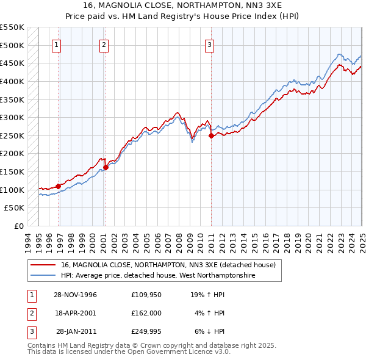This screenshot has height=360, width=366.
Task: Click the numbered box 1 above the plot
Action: (x=56, y=44)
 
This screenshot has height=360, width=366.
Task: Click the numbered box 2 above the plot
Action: (x=104, y=44)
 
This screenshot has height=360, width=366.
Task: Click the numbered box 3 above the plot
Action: (x=209, y=44)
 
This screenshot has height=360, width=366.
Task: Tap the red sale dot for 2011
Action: (x=211, y=136)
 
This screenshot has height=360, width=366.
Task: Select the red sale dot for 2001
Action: (x=106, y=167)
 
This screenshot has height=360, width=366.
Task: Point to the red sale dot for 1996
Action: (x=59, y=186)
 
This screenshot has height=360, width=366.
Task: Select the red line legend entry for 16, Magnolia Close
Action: (x=168, y=265)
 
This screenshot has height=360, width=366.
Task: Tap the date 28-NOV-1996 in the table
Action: (x=76, y=295)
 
